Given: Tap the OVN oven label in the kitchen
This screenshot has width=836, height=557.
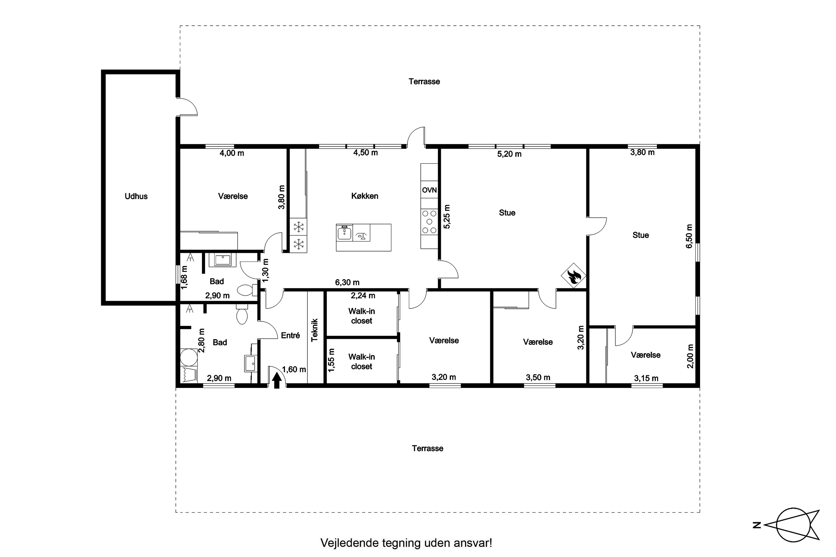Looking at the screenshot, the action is (x=429, y=190).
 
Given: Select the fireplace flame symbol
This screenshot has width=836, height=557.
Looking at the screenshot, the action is (x=573, y=276).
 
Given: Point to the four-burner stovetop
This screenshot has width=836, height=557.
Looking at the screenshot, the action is (x=429, y=222).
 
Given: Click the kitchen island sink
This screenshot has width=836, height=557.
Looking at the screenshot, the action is (x=344, y=233).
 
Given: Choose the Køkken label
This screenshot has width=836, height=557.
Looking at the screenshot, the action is (x=365, y=196).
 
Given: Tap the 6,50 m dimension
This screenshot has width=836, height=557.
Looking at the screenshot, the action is (x=689, y=236).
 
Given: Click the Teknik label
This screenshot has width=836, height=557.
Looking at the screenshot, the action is (x=315, y=330).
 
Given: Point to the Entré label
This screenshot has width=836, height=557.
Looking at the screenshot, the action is (x=290, y=335).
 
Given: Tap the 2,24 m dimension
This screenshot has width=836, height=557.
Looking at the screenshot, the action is (x=363, y=295).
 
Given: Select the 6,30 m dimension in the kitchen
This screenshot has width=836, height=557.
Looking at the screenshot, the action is (x=347, y=282).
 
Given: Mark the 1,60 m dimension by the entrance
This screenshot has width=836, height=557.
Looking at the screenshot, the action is (x=294, y=370).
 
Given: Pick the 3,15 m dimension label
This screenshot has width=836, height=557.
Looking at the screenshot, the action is (x=646, y=378).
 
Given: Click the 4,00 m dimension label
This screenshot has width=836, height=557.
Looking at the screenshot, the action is (x=232, y=153).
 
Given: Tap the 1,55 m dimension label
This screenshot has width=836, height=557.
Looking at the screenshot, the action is (x=331, y=360).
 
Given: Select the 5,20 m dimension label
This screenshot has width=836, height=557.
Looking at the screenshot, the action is (x=509, y=154).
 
